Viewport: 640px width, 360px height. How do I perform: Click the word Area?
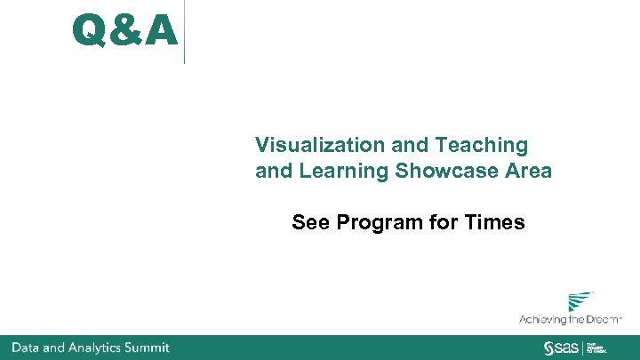pyautogui.click(x=528, y=171)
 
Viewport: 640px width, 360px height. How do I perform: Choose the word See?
pyautogui.click(x=310, y=222)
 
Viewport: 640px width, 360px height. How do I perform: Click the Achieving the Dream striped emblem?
pyautogui.click(x=580, y=301)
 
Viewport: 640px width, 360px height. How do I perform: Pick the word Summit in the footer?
pyautogui.click(x=148, y=348)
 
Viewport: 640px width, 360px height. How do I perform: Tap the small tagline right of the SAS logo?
pyautogui.click(x=596, y=347)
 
